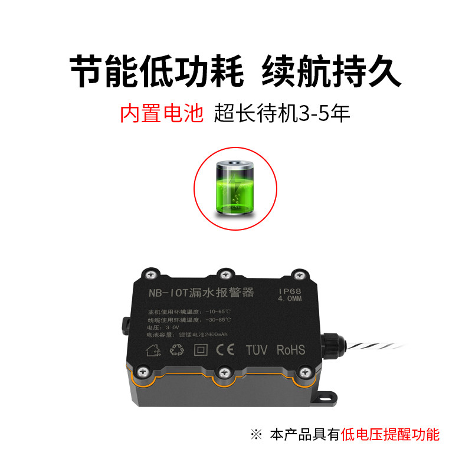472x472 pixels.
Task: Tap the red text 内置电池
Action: point(162,112)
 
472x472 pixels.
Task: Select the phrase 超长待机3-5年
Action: point(283,112)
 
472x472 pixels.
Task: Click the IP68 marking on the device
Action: point(290,291)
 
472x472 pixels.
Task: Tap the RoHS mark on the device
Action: point(290,349)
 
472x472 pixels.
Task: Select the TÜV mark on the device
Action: point(256,350)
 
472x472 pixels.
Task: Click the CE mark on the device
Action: point(227,350)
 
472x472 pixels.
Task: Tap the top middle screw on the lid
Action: point(223,273)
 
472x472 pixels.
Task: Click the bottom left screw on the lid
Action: point(143,371)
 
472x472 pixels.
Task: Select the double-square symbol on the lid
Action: point(202,350)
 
